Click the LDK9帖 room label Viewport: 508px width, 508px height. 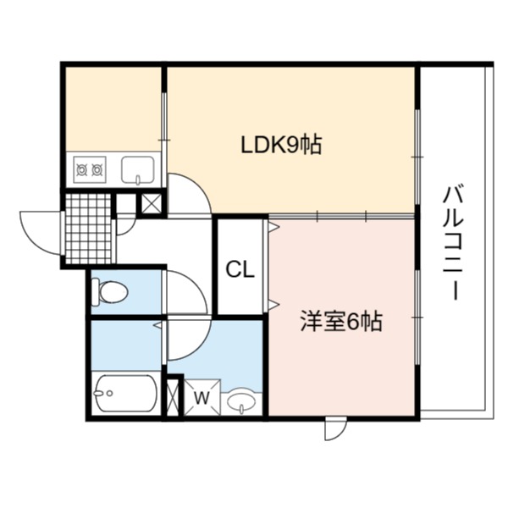[x=281, y=145]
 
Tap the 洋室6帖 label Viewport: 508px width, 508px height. [x=341, y=322]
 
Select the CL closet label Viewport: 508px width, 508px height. [x=240, y=269]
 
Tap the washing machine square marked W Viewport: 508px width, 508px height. [x=202, y=397]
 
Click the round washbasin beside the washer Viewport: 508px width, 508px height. [x=241, y=401]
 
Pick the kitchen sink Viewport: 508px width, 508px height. [x=138, y=170]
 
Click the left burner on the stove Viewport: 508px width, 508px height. [x=81, y=170]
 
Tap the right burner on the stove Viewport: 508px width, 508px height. [x=97, y=170]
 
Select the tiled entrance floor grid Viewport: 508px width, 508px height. [x=88, y=229]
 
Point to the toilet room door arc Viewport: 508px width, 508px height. [x=197, y=285]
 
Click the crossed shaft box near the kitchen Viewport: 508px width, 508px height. [x=152, y=203]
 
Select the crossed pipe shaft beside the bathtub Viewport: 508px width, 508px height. [x=173, y=397]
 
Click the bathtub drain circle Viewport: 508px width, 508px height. [x=110, y=394]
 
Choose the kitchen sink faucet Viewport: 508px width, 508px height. [x=138, y=180]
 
